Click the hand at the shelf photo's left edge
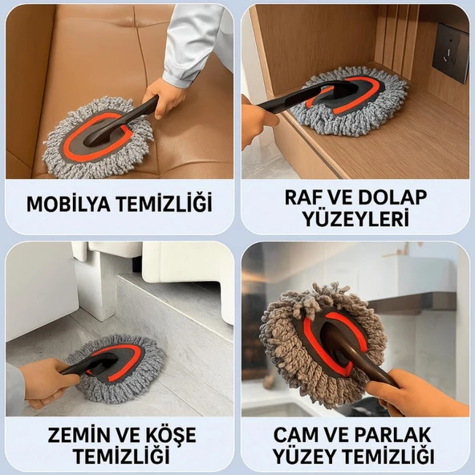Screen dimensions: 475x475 tap(258, 120)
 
